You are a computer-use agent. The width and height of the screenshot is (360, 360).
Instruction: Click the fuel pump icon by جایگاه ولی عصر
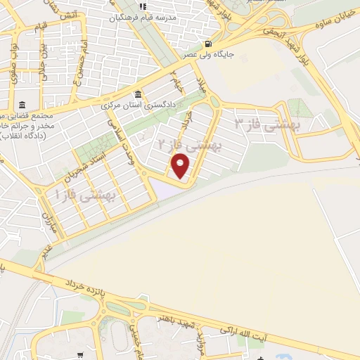pyautogui.click(x=207, y=40)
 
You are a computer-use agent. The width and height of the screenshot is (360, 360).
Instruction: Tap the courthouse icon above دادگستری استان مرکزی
pyautogui.click(x=138, y=94)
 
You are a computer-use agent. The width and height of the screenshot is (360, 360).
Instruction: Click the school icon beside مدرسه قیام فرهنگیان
pyautogui.click(x=141, y=8)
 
